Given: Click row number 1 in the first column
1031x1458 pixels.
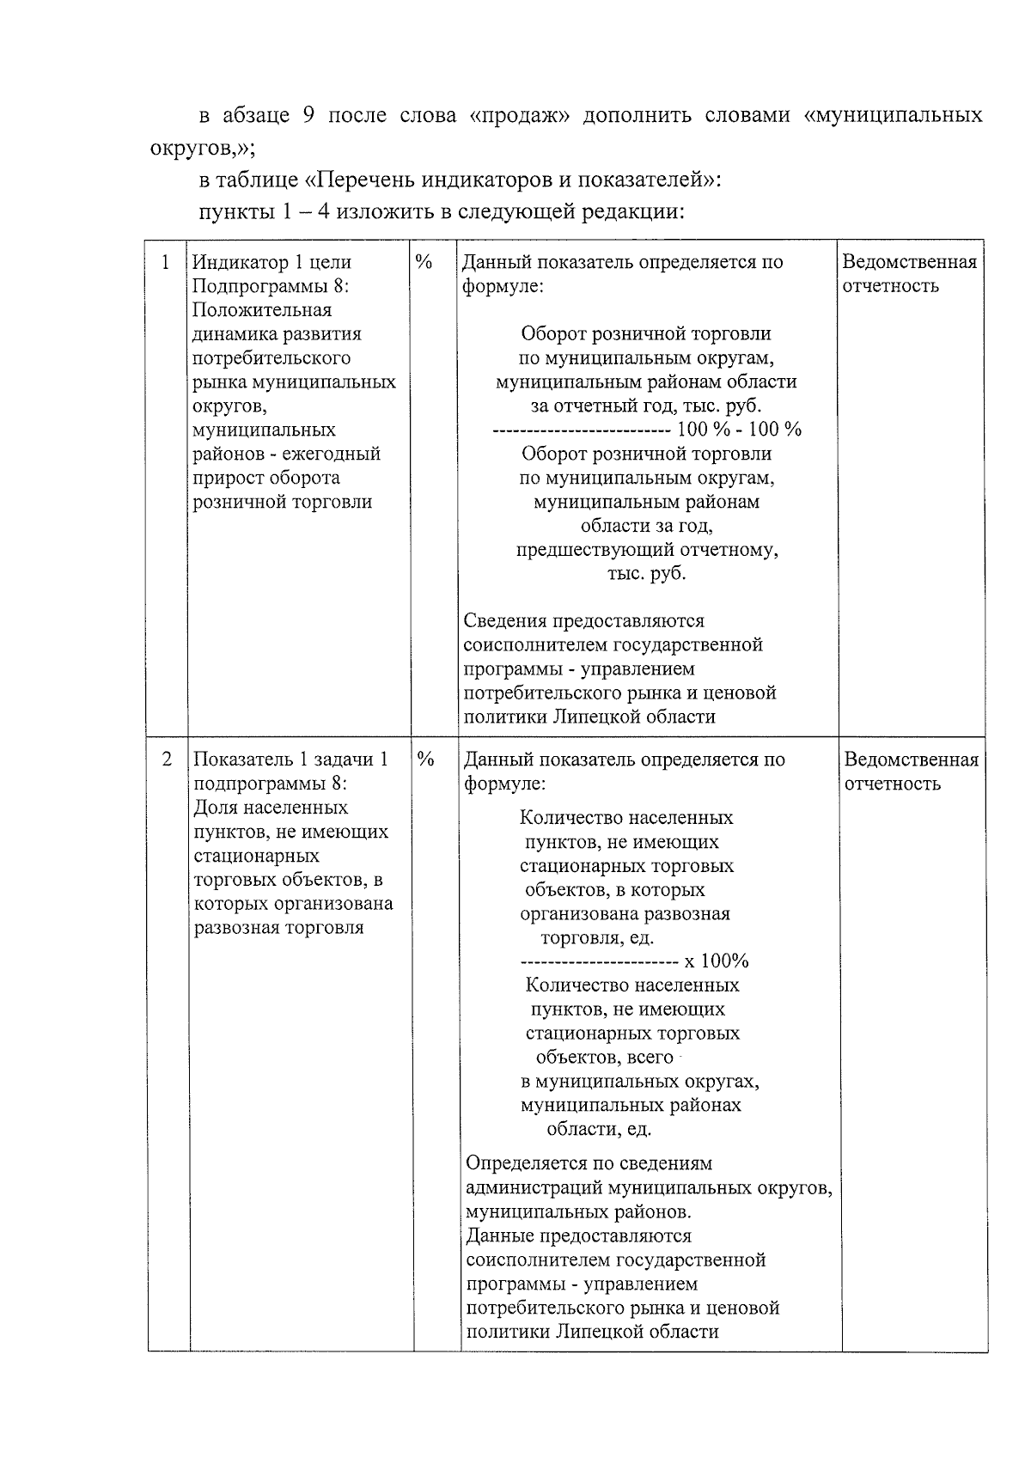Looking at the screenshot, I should [166, 262].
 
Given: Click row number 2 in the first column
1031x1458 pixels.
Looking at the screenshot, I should [167, 760].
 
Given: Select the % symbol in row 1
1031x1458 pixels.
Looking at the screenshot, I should [424, 262].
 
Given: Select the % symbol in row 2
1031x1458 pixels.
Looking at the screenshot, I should [424, 760].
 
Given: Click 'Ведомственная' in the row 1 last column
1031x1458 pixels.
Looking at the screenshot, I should [909, 262].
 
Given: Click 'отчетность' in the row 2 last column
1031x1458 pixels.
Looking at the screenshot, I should [892, 784].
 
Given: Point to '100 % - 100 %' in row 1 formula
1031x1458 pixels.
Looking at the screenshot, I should [739, 430].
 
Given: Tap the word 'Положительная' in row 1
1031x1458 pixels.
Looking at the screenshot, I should [262, 310].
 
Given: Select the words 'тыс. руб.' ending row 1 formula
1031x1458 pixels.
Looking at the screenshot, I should [646, 573].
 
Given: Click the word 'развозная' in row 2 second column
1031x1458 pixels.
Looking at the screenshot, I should [235, 928].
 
